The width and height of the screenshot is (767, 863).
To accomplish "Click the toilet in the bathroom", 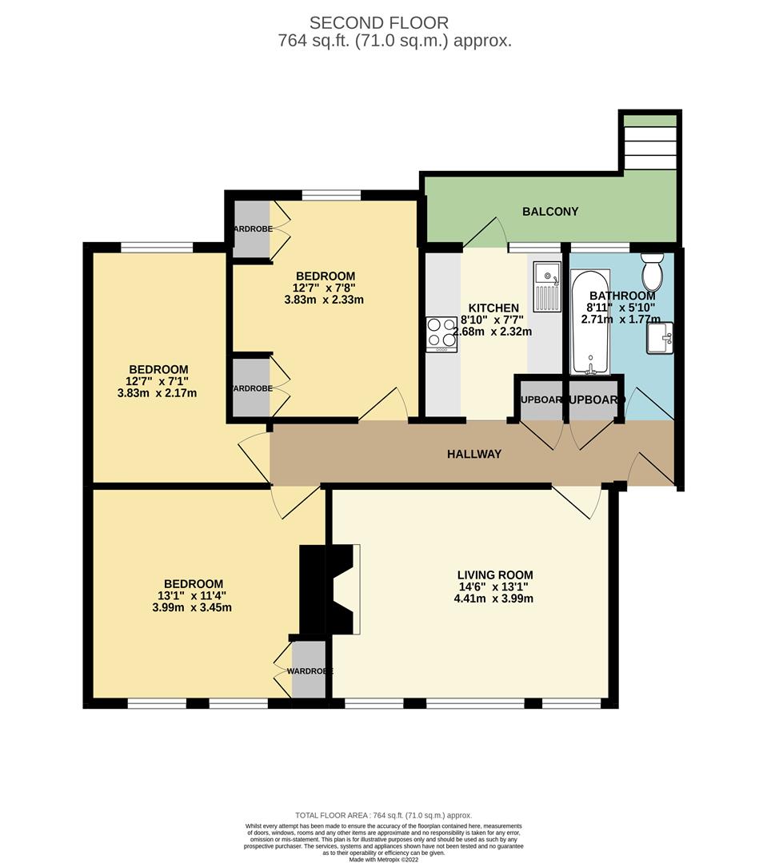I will click(x=653, y=272).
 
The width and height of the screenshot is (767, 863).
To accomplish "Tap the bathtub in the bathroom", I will click(x=590, y=324).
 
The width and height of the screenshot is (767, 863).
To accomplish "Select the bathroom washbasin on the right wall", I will click(x=661, y=336).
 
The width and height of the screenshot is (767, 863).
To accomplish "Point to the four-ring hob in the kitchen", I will click(x=441, y=334).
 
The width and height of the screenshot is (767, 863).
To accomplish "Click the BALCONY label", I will click(x=549, y=212).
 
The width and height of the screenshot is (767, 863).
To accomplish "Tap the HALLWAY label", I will click(x=474, y=454).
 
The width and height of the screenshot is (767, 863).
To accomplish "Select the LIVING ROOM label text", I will click(x=494, y=575).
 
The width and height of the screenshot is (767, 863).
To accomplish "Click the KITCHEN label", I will click(x=493, y=308).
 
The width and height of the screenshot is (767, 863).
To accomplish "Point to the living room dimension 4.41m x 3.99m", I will click(x=494, y=599).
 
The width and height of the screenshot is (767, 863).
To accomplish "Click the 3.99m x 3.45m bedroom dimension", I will click(x=194, y=607).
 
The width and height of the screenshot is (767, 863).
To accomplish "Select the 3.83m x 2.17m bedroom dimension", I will click(x=158, y=392).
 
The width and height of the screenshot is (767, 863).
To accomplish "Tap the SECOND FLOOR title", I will click(x=379, y=22).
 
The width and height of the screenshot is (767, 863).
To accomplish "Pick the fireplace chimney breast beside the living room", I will click(x=327, y=589).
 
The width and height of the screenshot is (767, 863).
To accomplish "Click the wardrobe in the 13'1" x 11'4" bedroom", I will click(x=309, y=670).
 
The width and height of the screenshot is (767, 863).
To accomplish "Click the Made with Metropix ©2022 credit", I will click(x=384, y=859).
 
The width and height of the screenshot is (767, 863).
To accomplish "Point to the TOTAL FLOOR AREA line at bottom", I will click(x=384, y=815).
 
